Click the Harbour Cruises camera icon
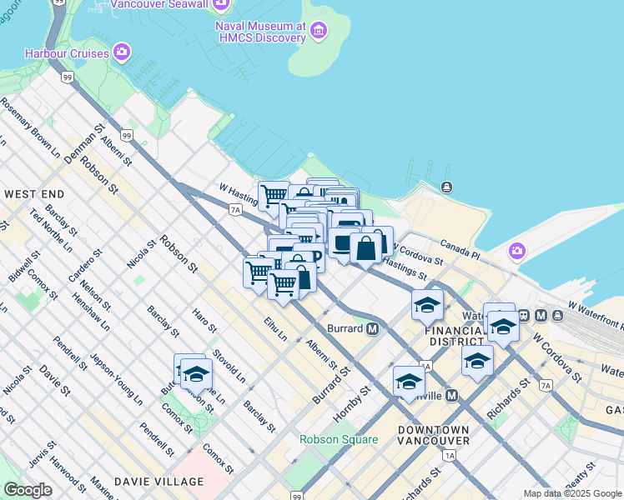[x=123, y=53]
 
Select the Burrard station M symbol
[x=373, y=328]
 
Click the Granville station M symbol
[x=452, y=395]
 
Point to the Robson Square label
[x=333, y=438]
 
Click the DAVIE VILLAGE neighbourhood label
[x=159, y=482]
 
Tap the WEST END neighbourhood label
[x=34, y=193]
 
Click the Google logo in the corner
[x=28, y=490]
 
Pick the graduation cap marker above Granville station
[x=409, y=381]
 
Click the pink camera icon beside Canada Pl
[x=517, y=251]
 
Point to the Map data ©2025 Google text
[x=572, y=493]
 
